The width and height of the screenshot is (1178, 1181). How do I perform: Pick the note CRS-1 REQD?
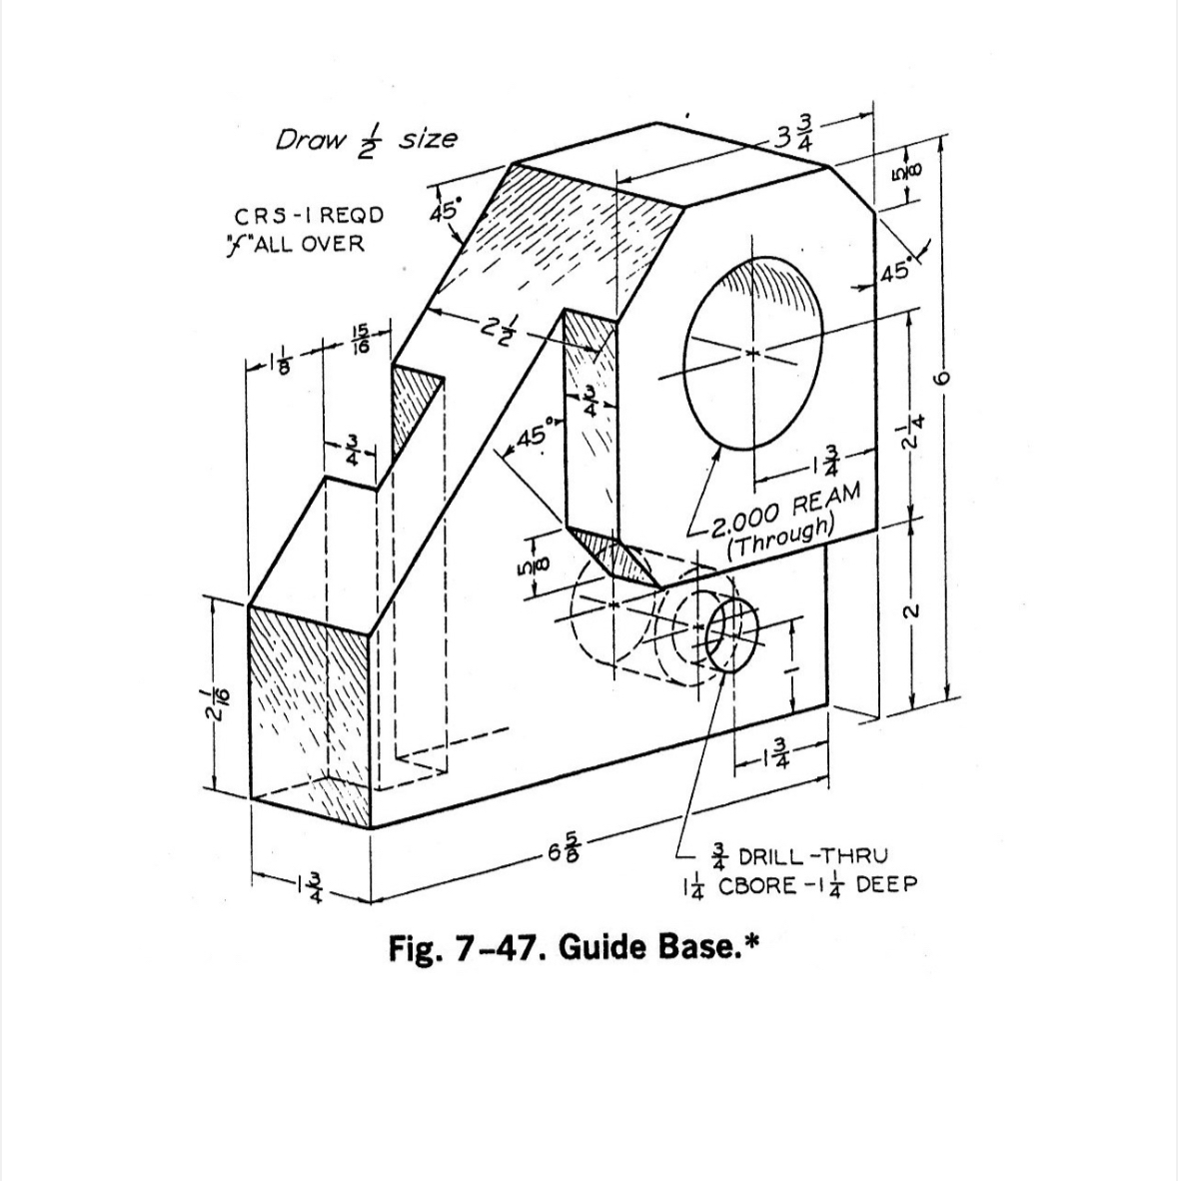point(309,216)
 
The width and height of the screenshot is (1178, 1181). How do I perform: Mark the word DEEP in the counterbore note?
point(884,885)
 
